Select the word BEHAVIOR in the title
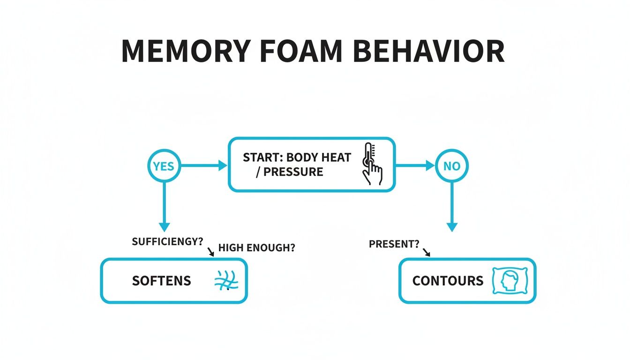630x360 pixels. click(429, 51)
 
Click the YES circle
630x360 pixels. click(164, 166)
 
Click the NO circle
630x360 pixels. click(451, 166)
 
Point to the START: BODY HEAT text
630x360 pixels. click(297, 157)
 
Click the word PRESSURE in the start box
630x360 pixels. click(293, 172)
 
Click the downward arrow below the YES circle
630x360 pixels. click(164, 206)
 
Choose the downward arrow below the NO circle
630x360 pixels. click(451, 206)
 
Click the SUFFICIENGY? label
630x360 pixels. click(167, 241)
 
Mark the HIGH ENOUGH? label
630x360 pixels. click(257, 248)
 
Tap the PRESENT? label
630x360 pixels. click(394, 244)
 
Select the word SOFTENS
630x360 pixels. click(161, 281)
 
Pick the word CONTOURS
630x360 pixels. click(448, 281)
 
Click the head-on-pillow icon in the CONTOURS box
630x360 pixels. click(510, 281)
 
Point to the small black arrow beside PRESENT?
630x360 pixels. click(427, 253)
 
